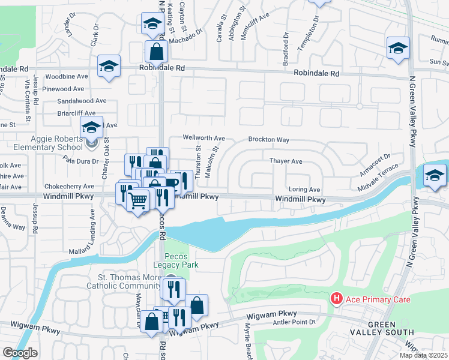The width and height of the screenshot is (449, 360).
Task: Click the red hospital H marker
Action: click(x=337, y=298)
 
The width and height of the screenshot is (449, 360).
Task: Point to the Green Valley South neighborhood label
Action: click(x=390, y=328)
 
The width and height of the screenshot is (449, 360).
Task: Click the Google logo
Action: click(x=20, y=353)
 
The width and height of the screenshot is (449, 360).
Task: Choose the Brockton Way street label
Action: click(x=269, y=140)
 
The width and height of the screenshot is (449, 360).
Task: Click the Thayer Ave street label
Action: click(x=286, y=161)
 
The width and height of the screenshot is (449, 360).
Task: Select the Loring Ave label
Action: click(x=304, y=189)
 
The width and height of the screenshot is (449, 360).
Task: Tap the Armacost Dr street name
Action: click(x=375, y=164)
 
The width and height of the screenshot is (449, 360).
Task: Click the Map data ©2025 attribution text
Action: click(x=423, y=355)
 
